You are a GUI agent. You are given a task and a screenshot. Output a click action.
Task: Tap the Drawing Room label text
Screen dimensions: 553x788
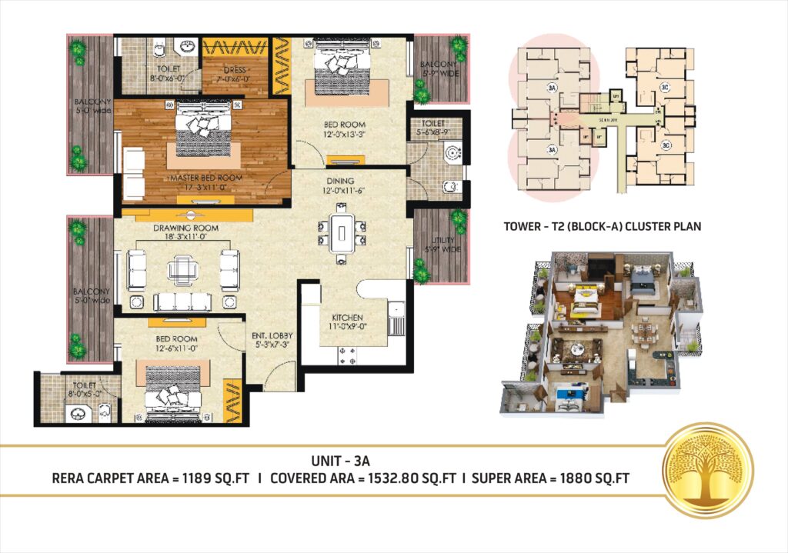(x=185, y=228)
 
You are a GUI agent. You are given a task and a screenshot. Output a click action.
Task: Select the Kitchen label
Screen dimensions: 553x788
(x=347, y=318)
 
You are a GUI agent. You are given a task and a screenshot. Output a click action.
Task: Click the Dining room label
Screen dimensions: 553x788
(x=339, y=182)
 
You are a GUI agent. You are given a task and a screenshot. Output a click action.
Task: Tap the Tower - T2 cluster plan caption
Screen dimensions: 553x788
(x=602, y=227)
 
